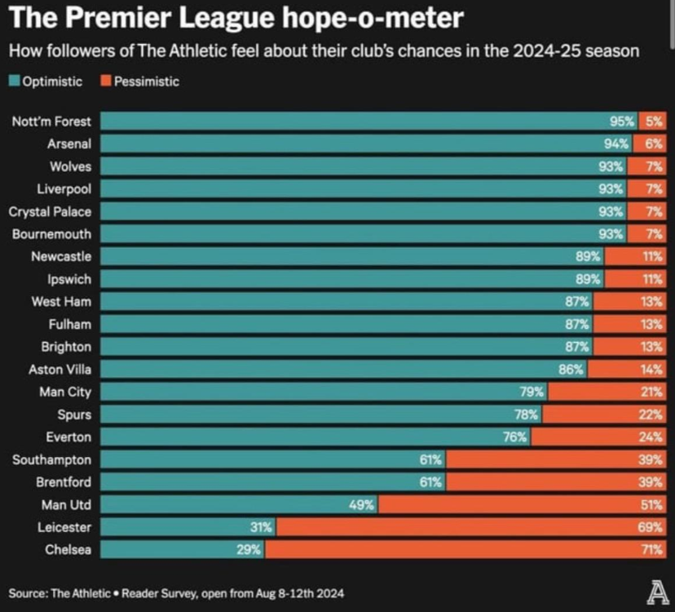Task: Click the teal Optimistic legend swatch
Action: [15, 82]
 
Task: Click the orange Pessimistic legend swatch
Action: [106, 82]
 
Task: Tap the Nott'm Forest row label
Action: [51, 122]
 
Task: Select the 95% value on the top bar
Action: [622, 122]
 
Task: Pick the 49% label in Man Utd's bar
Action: [361, 505]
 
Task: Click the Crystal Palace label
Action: [50, 212]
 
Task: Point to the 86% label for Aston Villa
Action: [571, 370]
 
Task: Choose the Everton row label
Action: [68, 437]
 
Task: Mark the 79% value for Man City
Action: [532, 392]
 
